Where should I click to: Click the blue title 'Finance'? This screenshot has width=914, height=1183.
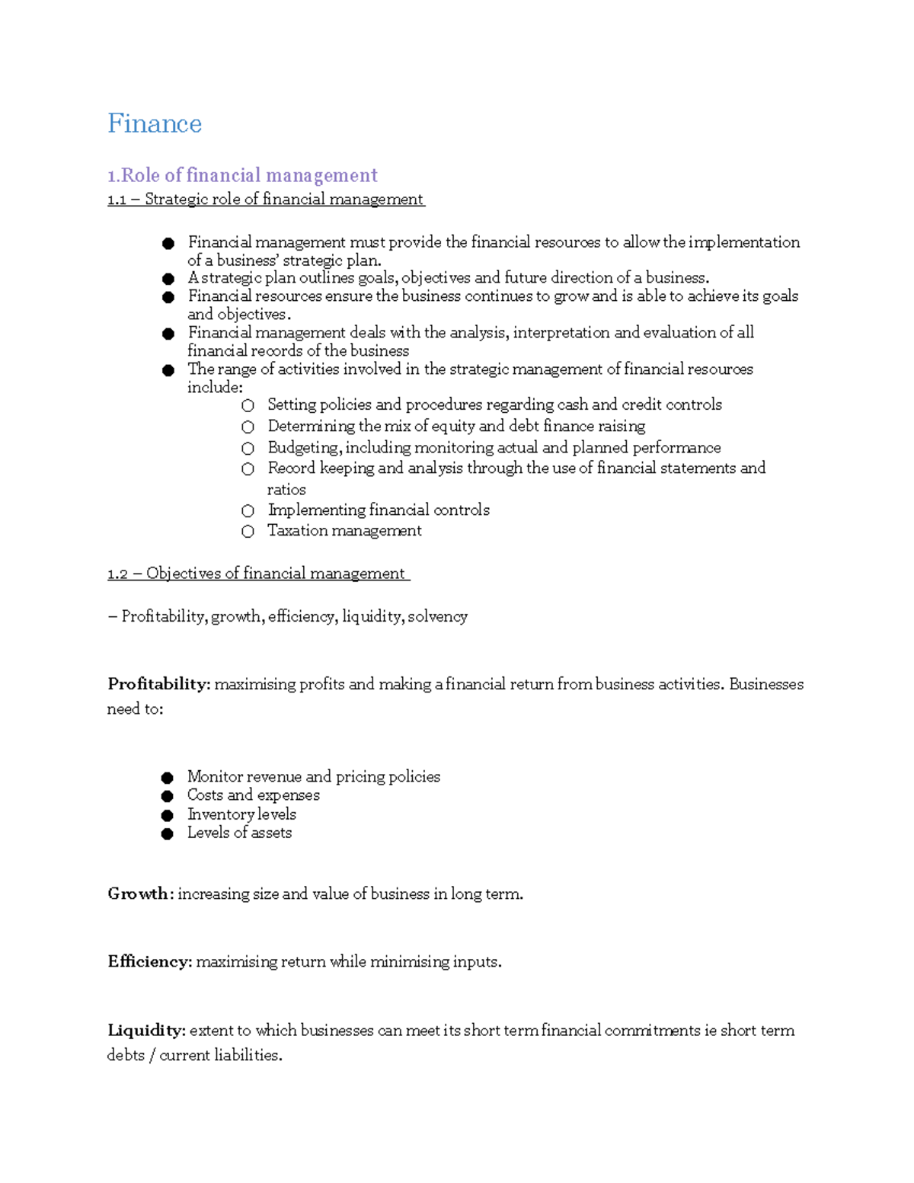155,123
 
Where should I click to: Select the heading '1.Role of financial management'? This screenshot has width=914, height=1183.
242,175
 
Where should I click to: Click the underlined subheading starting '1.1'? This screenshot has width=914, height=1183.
265,200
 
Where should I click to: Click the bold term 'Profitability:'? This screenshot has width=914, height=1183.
158,684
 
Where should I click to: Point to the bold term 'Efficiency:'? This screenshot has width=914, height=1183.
149,962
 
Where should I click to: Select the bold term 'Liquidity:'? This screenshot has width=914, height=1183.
146,1031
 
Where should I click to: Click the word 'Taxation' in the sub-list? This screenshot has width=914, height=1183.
297,531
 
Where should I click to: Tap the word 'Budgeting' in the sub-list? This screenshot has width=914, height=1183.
302,448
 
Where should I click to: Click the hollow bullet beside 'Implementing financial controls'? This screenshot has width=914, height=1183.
248,511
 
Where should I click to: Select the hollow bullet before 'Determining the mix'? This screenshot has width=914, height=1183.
248,427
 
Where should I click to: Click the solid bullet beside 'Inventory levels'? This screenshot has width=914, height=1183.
168,815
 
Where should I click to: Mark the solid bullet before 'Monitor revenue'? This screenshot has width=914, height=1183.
168,778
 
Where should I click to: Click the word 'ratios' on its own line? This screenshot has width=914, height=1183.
286,490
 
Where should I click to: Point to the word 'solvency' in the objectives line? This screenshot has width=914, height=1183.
437,616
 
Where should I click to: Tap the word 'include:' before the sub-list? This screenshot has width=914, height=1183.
215,387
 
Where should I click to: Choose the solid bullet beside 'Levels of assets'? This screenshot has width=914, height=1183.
168,834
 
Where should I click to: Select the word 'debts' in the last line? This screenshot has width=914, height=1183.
126,1055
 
